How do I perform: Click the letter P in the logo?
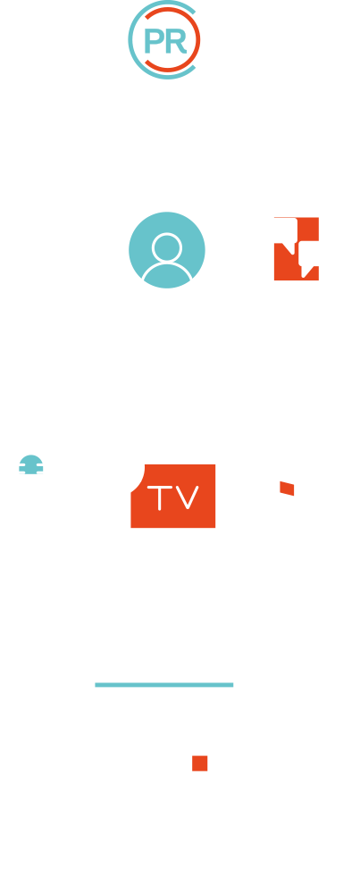(x=152, y=40)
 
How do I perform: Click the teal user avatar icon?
(x=167, y=250)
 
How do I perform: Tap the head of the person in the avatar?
(x=167, y=247)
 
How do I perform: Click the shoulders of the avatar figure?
(x=167, y=272)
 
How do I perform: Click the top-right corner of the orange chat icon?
(x=319, y=217)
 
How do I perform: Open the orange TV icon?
(x=173, y=496)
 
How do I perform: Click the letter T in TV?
(x=160, y=497)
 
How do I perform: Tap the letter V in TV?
(x=187, y=497)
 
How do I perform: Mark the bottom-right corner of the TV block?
(x=215, y=528)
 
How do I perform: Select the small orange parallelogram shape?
(x=287, y=489)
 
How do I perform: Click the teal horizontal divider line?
(x=164, y=685)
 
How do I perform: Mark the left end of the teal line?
(x=96, y=685)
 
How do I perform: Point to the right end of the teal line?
(x=233, y=685)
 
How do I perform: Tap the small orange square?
(x=200, y=763)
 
